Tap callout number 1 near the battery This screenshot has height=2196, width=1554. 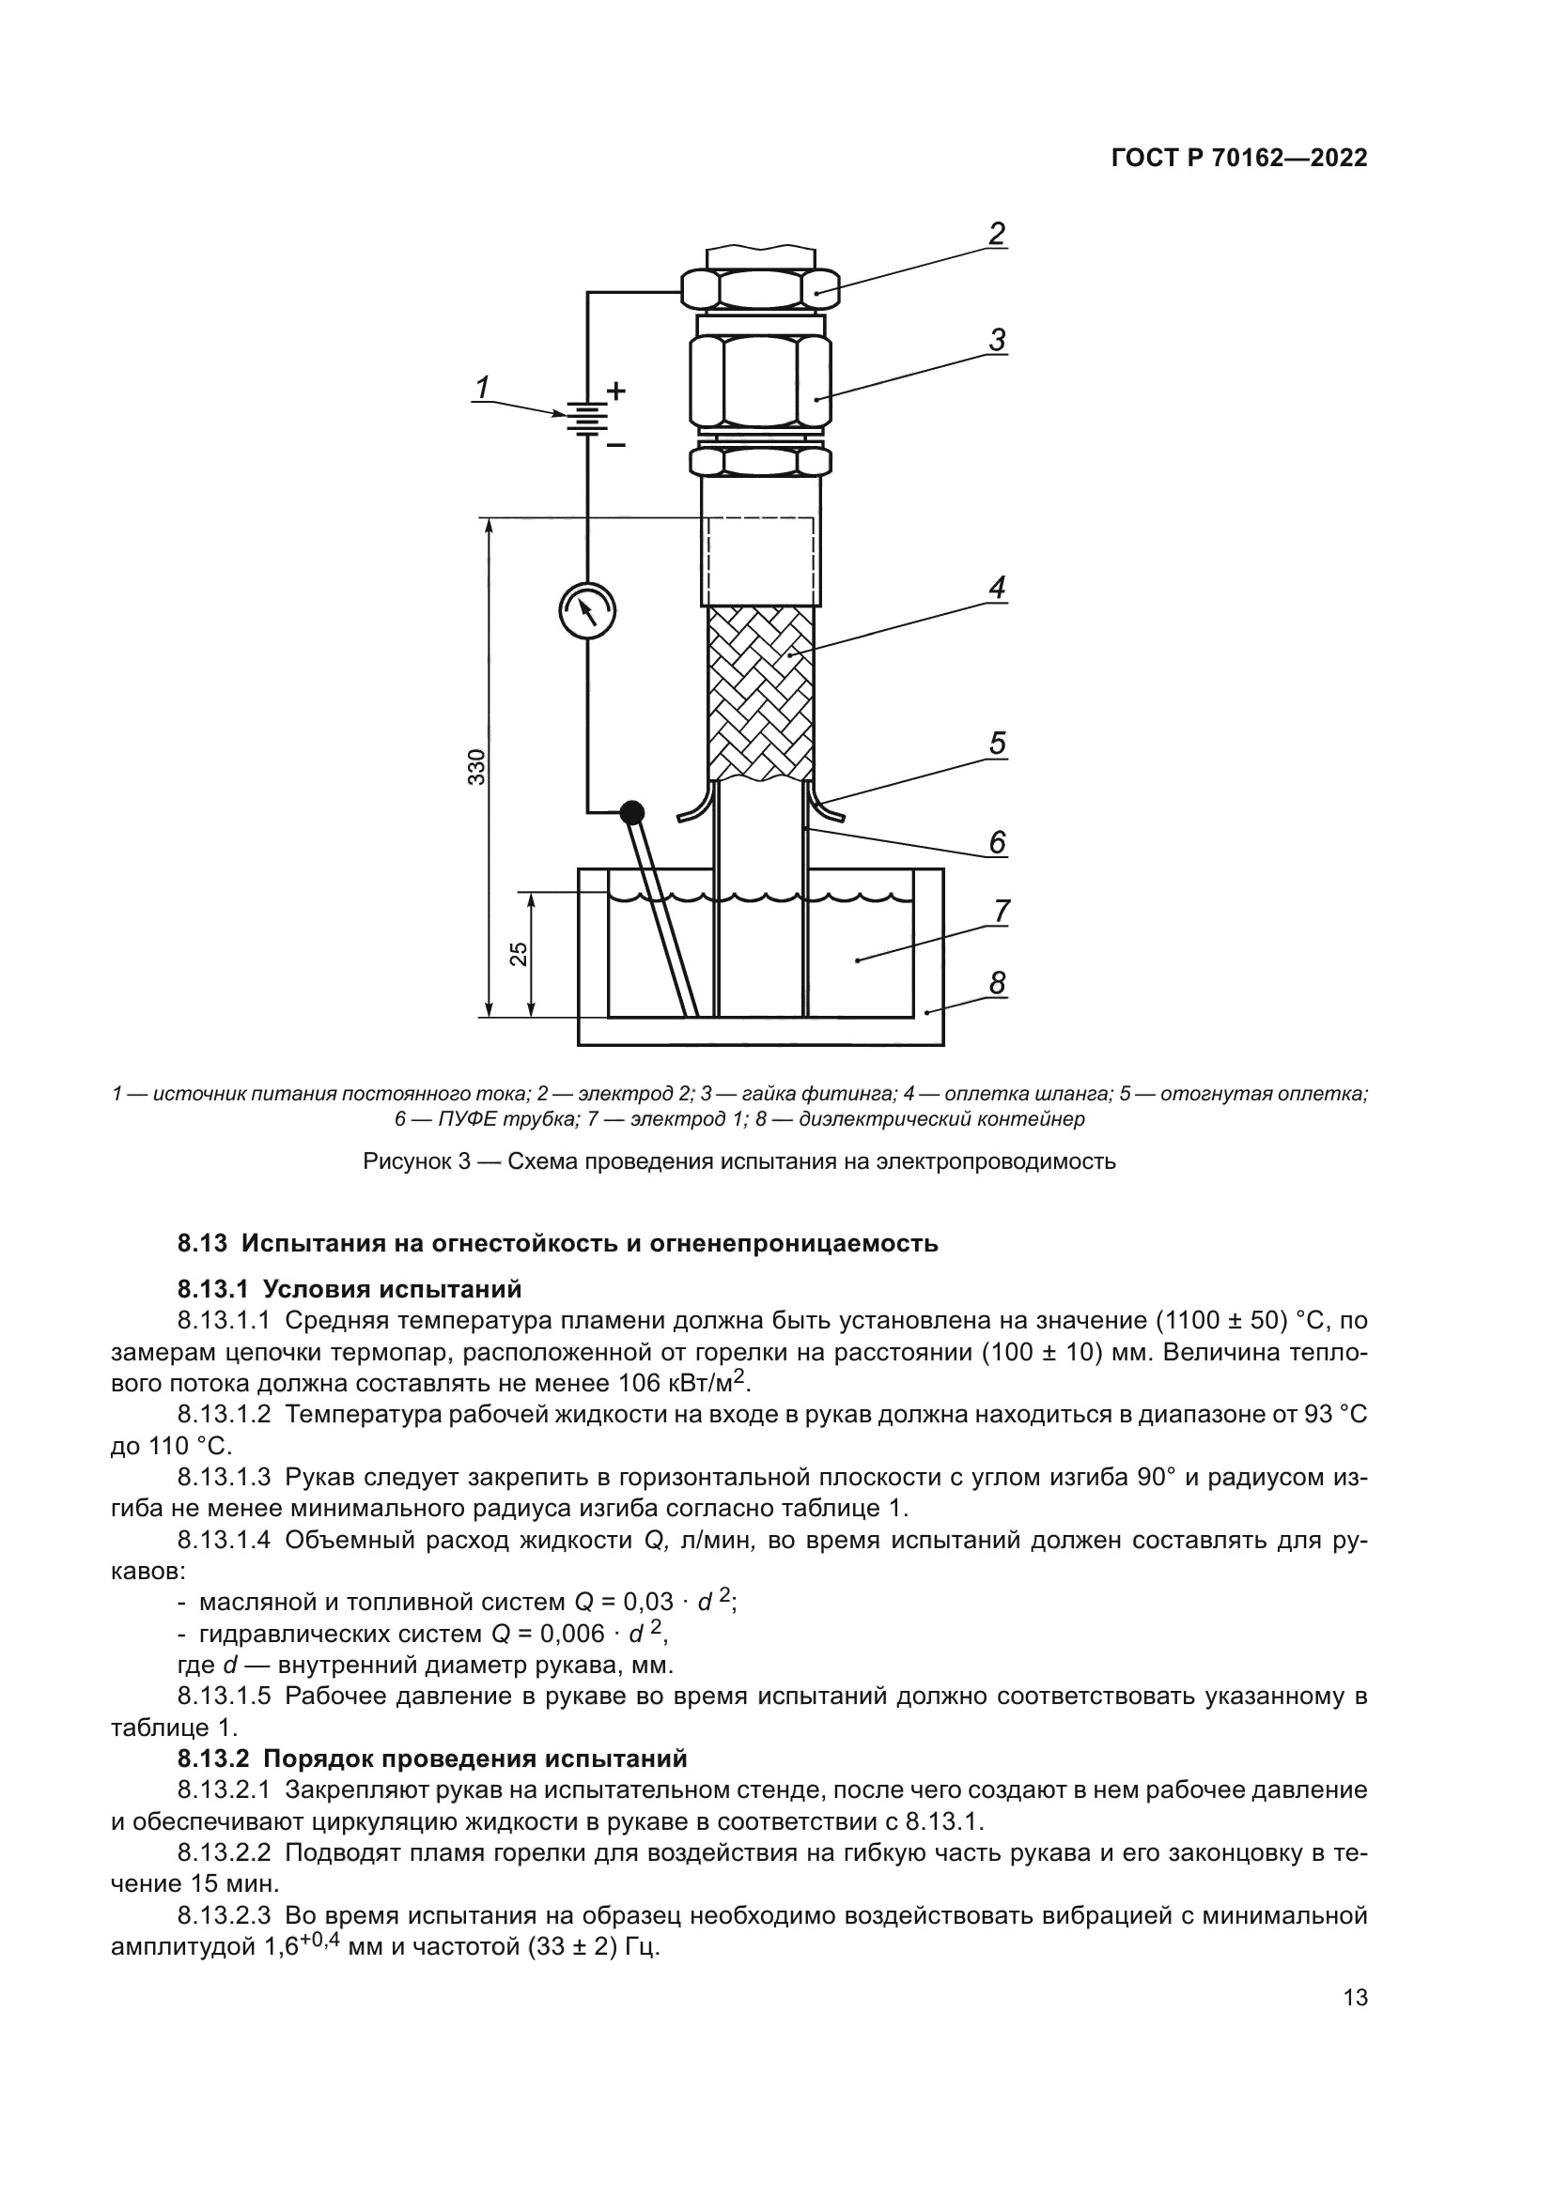tap(483, 387)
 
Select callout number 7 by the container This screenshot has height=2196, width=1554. tap(1001, 911)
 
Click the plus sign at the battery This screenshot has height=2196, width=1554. tap(616, 391)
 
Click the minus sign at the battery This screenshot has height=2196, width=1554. tap(616, 445)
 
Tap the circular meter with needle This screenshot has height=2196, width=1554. tap(586, 609)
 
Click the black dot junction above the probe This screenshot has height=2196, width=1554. tap(631, 813)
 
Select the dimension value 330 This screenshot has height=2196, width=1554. tap(476, 767)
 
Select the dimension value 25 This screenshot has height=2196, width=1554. tap(518, 954)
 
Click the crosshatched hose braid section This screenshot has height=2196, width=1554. tap(761, 694)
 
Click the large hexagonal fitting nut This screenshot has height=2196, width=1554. tap(761, 379)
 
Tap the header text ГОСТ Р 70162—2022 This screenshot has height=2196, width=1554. tap(1239, 159)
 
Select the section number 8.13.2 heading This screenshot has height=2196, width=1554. tap(216, 1758)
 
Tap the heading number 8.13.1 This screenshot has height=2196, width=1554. tap(216, 1289)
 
